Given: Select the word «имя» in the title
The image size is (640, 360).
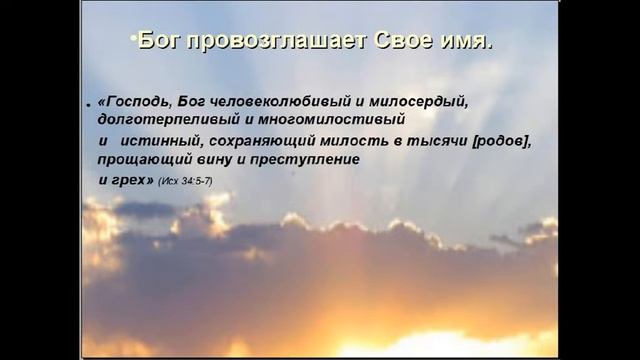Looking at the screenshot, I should pyautogui.click(x=460, y=42).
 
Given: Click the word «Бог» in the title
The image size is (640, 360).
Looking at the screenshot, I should pyautogui.click(x=159, y=42).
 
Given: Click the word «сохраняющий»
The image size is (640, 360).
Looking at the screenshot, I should pyautogui.click(x=264, y=141).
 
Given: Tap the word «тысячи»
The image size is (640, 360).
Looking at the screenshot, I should pyautogui.click(x=445, y=141).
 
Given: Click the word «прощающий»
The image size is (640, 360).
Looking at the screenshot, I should pyautogui.click(x=141, y=160).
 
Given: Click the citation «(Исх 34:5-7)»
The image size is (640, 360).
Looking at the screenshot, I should pyautogui.click(x=185, y=181).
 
